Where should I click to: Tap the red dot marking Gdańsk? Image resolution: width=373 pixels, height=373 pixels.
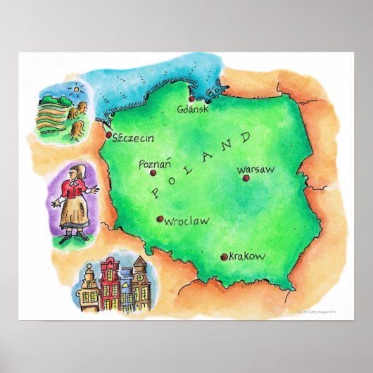191,99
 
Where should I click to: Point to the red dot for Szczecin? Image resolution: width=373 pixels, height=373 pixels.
108,134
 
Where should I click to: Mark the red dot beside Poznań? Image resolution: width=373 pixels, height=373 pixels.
153,172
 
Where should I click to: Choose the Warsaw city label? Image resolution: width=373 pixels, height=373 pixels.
255,170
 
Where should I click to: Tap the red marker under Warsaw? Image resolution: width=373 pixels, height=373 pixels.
246,178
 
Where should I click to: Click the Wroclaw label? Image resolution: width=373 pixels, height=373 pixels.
186,221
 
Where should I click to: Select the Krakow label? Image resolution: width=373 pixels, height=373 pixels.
247,257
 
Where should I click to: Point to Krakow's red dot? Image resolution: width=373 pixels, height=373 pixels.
224,258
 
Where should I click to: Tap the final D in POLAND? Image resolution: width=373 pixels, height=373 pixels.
246,137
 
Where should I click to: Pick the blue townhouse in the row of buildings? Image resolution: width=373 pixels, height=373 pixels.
127,291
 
